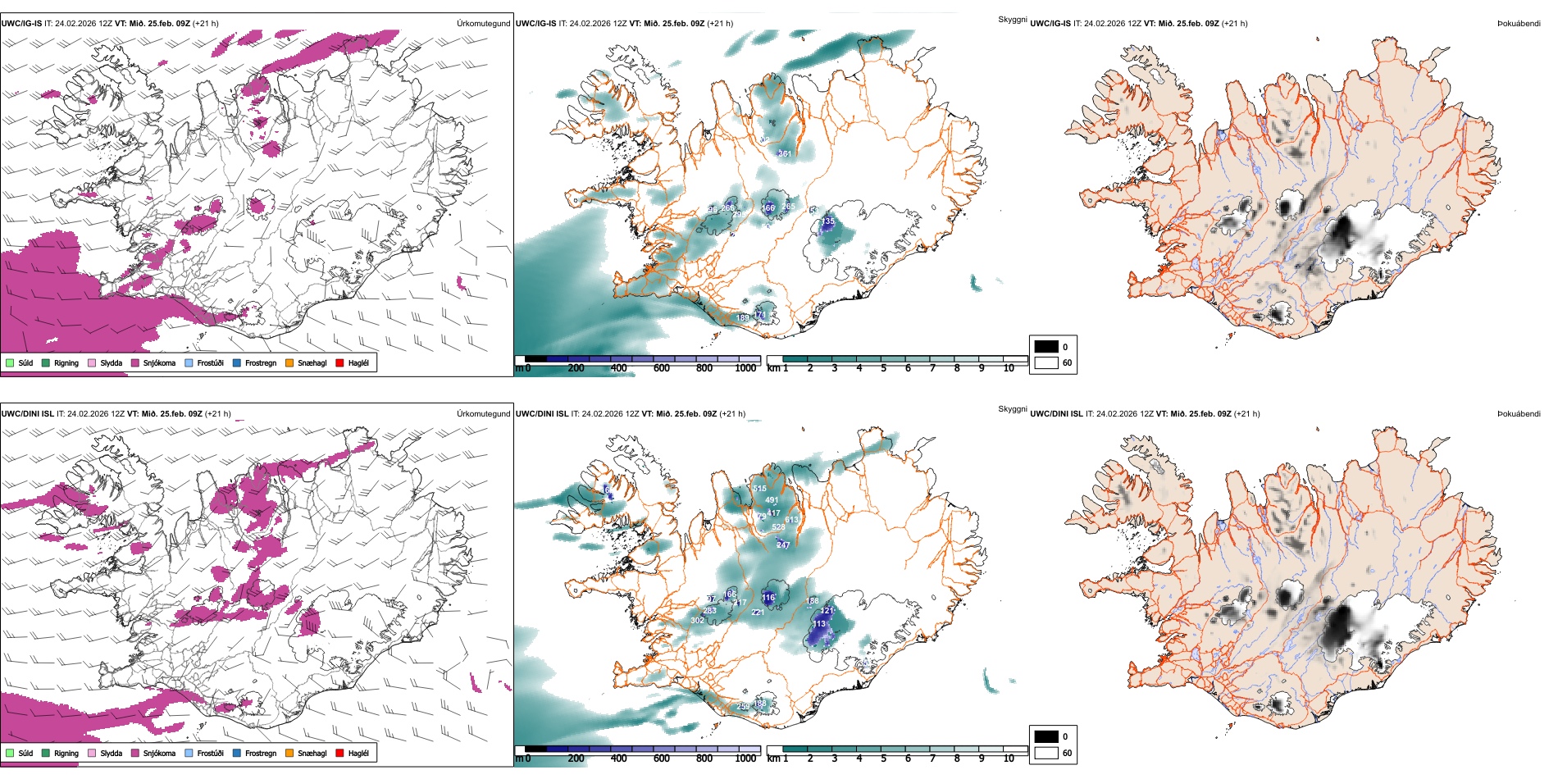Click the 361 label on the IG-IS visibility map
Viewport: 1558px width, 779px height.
click(x=785, y=153)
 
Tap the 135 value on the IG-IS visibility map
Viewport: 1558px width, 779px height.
click(x=829, y=221)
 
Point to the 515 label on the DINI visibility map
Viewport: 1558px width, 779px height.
click(x=759, y=489)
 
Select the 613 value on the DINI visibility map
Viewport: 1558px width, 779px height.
click(x=791, y=520)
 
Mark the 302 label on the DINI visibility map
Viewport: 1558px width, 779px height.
click(x=697, y=621)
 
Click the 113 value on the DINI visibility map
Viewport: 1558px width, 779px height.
click(x=819, y=624)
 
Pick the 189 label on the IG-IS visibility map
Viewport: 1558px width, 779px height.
click(x=742, y=317)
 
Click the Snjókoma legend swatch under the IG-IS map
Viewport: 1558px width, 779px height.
click(x=135, y=362)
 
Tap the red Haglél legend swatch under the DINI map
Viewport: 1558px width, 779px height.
click(x=339, y=753)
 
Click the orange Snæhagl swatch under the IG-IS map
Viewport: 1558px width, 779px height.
click(x=290, y=362)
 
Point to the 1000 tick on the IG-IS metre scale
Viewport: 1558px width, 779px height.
click(x=745, y=368)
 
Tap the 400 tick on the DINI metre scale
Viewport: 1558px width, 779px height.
click(x=619, y=758)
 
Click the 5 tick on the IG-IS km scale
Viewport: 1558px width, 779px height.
click(x=883, y=368)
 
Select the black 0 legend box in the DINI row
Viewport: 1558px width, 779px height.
click(x=1045, y=736)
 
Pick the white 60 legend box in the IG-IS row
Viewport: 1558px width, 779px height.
click(x=1045, y=362)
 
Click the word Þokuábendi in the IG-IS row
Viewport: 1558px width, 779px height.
click(x=1519, y=24)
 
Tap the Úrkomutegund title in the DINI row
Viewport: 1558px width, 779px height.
click(x=483, y=414)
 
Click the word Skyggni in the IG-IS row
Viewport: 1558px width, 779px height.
click(x=1012, y=19)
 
